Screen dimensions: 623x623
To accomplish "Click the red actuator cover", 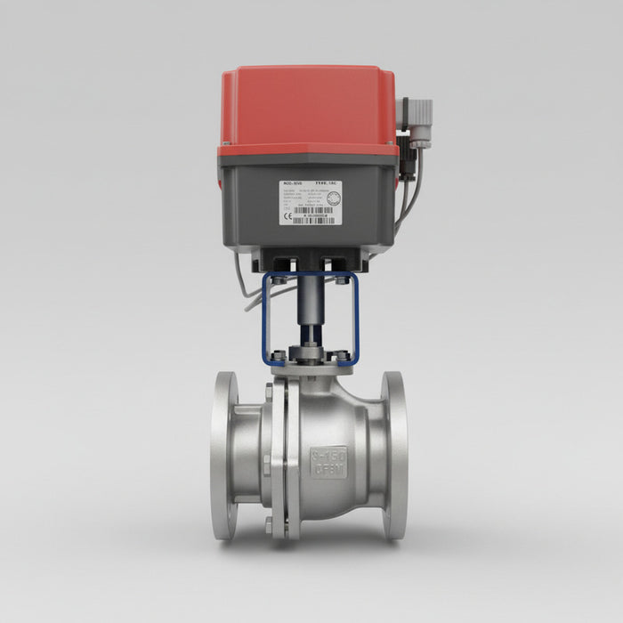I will tap(307, 102).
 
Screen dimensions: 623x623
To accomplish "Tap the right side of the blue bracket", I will tap(356, 320).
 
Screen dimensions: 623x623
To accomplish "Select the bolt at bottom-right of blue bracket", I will tap(342, 356).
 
